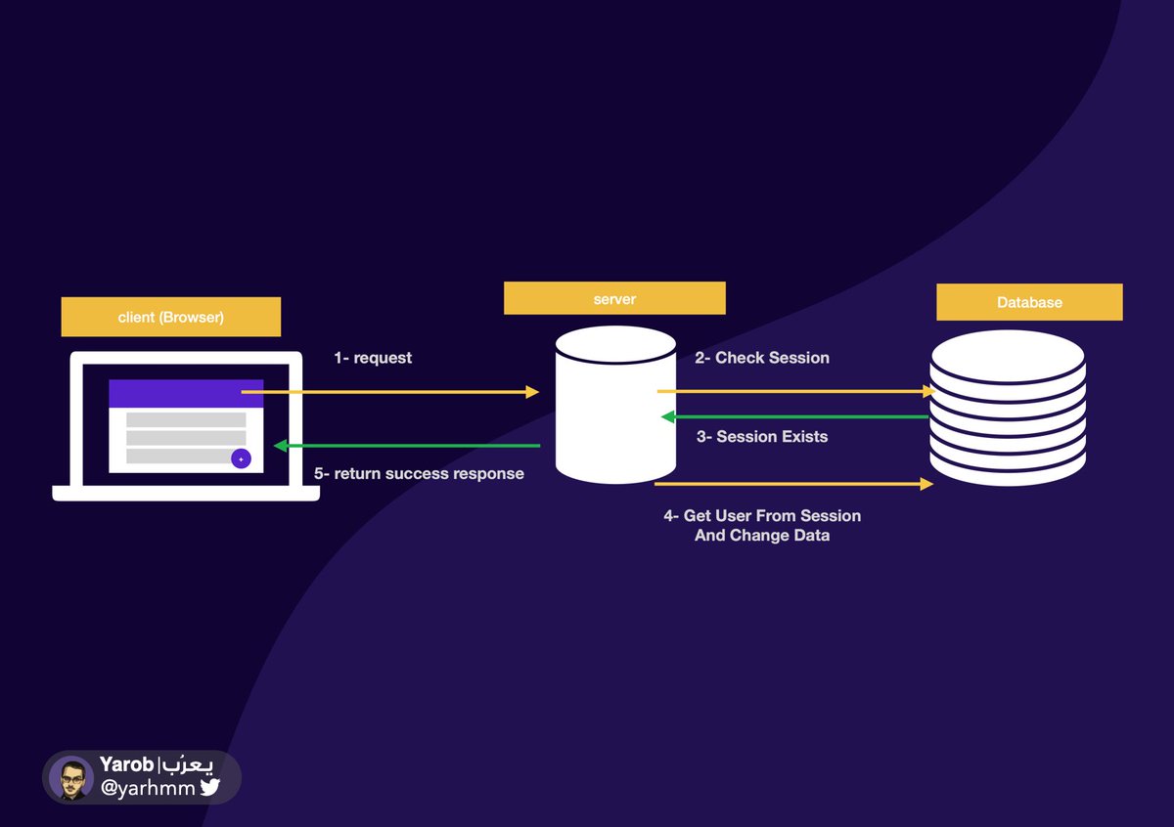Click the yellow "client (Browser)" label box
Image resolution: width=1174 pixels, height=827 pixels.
tap(170, 318)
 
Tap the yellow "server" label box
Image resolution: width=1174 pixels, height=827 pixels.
tap(614, 298)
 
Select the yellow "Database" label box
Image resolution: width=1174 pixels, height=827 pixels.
tap(1029, 302)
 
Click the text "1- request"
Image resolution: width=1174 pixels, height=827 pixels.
tap(373, 359)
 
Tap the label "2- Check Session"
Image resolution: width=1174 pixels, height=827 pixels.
tap(762, 358)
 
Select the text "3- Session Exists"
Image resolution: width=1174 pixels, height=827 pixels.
tap(762, 437)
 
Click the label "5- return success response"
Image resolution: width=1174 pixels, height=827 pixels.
tap(419, 474)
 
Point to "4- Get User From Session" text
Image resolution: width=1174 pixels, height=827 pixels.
tap(762, 515)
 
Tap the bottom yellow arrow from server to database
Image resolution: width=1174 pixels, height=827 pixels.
tap(792, 484)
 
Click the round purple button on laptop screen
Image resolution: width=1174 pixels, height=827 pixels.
tap(241, 458)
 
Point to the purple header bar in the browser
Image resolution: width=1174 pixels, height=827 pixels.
tap(186, 393)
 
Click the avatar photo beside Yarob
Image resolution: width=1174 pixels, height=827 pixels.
tap(71, 778)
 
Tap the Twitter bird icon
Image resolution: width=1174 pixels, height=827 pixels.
tap(210, 788)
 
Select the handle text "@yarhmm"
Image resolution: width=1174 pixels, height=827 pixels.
tap(148, 788)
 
